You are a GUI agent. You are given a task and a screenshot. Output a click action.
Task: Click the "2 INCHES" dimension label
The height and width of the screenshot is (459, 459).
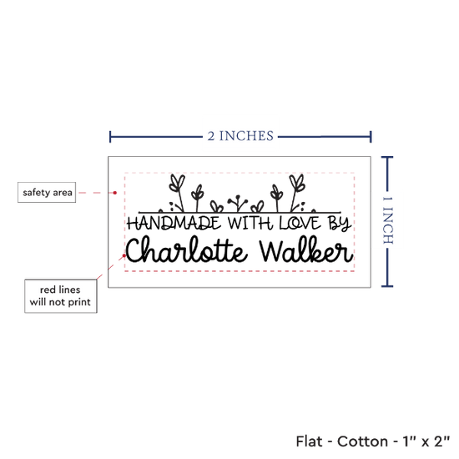(x=240, y=136)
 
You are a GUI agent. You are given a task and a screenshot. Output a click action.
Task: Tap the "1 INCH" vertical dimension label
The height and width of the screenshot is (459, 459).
(x=387, y=220)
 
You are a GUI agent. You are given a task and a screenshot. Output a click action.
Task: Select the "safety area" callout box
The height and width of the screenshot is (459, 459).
(x=47, y=192)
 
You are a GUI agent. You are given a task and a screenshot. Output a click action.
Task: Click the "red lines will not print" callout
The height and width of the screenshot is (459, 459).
(x=61, y=296)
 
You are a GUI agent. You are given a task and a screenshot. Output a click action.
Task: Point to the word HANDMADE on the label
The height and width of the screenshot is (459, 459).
(x=174, y=223)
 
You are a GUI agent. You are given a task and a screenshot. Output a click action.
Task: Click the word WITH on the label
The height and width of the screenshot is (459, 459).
(x=250, y=224)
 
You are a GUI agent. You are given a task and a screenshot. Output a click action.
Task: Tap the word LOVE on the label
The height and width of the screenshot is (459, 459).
(x=300, y=223)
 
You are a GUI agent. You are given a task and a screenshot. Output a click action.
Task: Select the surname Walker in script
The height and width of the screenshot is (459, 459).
(x=306, y=250)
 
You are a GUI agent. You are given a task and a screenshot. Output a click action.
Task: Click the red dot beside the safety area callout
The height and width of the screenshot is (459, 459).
(x=115, y=193)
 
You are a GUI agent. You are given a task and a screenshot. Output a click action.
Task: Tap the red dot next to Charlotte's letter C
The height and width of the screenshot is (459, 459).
(x=124, y=255)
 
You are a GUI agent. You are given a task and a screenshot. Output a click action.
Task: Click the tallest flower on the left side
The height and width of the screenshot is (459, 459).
(x=178, y=193)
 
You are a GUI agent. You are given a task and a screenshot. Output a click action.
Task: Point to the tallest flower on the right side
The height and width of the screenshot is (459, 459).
(x=296, y=193)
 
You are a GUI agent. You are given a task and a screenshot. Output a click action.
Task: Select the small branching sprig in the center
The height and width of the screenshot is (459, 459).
(x=238, y=203)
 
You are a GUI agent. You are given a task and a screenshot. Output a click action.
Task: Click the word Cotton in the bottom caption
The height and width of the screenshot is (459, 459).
(x=362, y=441)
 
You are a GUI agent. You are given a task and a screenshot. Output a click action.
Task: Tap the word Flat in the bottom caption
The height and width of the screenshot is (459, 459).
(x=309, y=441)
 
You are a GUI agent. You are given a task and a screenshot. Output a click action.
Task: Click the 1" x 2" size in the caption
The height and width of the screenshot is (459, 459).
(x=426, y=441)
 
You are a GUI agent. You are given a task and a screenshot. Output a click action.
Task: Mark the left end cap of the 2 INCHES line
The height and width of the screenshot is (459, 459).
(x=110, y=137)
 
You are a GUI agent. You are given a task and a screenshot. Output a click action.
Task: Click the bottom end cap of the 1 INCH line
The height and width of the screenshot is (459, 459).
(x=387, y=286)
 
